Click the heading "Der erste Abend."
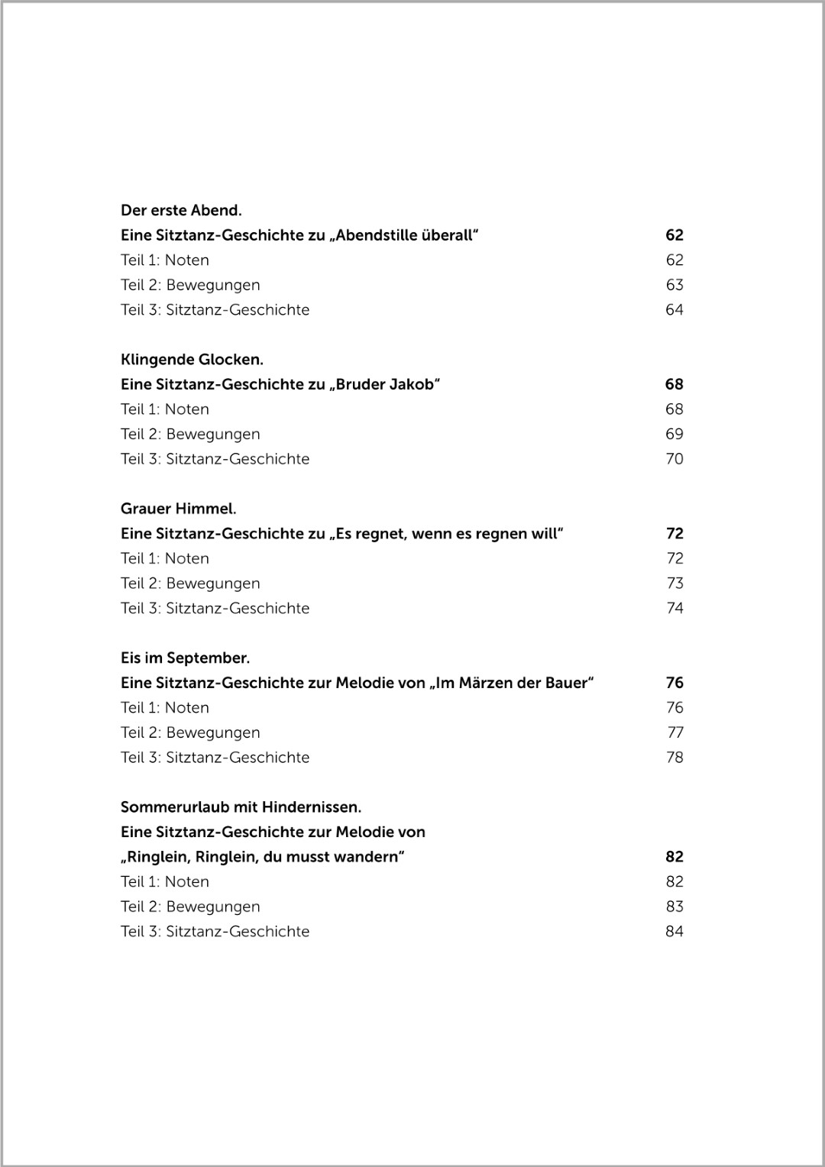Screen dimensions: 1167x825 point(181,210)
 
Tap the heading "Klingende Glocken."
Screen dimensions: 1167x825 point(192,359)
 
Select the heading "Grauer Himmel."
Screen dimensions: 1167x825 point(178,509)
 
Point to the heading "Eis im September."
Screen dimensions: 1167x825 point(185,658)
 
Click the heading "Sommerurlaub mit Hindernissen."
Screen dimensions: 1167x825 point(241,807)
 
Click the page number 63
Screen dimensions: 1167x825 point(674,285)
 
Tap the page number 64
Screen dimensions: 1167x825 point(674,310)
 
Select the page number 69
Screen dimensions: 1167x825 point(674,434)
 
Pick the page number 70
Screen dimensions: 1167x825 point(674,459)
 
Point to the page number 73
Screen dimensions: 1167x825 point(675,583)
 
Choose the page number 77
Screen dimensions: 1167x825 point(675,732)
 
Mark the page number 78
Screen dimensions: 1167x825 point(675,758)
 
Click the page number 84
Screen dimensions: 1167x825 point(674,932)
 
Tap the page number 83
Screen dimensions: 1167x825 point(674,907)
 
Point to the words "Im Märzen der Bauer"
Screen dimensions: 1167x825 point(511,683)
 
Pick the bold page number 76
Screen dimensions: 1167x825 point(674,683)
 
